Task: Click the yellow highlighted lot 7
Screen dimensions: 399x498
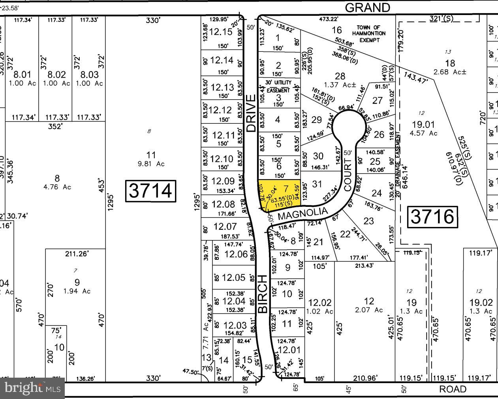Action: (280, 193)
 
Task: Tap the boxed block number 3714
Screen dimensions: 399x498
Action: (150, 191)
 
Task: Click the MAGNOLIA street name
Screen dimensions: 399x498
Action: (303, 214)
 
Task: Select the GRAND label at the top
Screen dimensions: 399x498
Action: (367, 8)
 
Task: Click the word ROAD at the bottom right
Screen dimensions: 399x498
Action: (453, 390)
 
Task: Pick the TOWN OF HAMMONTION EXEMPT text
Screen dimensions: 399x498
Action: (368, 34)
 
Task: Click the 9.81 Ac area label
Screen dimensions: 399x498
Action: (151, 164)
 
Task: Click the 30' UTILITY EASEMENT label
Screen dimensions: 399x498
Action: (278, 86)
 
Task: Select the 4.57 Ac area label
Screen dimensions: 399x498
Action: (423, 133)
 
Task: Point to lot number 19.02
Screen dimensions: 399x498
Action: (481, 303)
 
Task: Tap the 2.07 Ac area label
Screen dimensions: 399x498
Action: (368, 310)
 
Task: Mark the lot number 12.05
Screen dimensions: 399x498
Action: (234, 278)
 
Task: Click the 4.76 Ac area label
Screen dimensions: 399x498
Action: (57, 187)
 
